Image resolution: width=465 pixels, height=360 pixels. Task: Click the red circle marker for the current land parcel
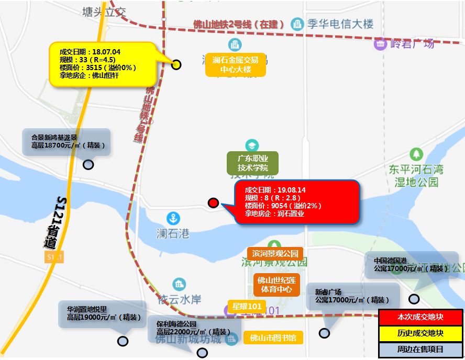coord(213,203)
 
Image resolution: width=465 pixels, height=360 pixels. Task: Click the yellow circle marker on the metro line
coord(176,64)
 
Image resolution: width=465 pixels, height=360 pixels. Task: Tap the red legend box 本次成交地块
coord(420,317)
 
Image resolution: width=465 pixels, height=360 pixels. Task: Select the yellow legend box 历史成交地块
coord(420,333)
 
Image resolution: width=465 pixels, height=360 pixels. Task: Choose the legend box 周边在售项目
coord(420,349)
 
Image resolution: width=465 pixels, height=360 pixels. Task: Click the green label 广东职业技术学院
coord(252,163)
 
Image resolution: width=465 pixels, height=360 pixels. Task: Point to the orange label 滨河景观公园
coord(275,254)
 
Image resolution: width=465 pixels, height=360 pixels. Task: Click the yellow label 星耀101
coord(247,306)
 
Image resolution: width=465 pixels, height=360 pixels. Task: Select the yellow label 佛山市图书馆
coord(273,338)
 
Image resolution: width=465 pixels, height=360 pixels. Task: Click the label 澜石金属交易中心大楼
coord(236,65)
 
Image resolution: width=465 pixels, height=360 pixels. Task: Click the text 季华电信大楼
coord(340,24)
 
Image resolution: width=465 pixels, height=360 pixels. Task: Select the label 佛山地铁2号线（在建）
coord(238,25)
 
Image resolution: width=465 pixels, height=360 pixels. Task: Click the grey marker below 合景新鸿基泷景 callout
coord(88,164)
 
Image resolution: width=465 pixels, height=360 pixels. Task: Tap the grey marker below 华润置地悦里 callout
coord(123,341)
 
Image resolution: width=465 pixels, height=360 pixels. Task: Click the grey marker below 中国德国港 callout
coord(414,299)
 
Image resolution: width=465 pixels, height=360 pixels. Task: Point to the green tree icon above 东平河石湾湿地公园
coord(416,154)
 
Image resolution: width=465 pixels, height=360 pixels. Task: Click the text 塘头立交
coord(105,12)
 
